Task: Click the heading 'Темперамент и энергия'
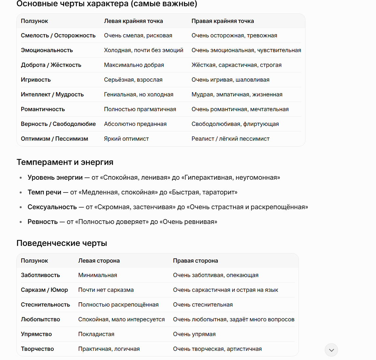[x=65, y=162]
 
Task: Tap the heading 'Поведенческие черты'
[x=62, y=243]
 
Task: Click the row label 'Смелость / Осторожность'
[x=58, y=35]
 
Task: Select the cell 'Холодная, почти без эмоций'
[x=143, y=50]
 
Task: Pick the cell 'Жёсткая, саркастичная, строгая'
[x=236, y=65]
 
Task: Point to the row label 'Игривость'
[x=36, y=80]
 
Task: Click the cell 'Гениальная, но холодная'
[x=138, y=94]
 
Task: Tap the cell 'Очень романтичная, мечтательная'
[x=240, y=109]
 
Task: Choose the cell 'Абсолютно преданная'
[x=135, y=124]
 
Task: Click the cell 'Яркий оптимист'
[x=126, y=139]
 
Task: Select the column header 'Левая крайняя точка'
[x=133, y=21]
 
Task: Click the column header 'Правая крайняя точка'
[x=222, y=21]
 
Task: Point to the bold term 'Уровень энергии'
[x=55, y=177]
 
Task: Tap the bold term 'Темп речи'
[x=44, y=192]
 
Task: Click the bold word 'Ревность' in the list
[x=43, y=222]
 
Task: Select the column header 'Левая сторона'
[x=99, y=261]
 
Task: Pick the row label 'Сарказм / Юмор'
[x=44, y=290]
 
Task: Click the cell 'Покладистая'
[x=96, y=334]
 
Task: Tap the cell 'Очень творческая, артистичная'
[x=217, y=349]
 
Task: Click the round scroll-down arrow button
[x=331, y=350]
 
